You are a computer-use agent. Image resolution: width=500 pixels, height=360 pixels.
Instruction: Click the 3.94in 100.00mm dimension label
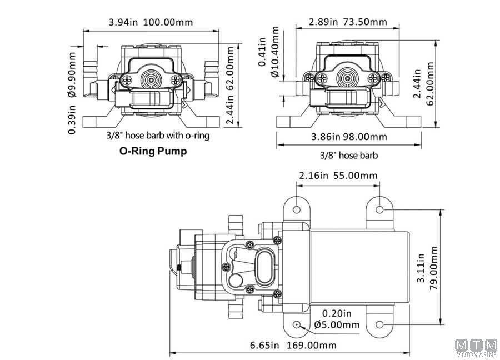pos(151,22)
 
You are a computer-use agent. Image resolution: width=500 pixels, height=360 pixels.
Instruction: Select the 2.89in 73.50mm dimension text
pos(348,22)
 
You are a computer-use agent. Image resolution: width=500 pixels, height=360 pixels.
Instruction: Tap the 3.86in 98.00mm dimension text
pos(349,137)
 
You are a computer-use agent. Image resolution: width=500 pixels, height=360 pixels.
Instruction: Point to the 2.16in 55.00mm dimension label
pos(338,176)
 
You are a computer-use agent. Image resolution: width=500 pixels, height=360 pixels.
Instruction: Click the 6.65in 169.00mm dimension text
pos(293,345)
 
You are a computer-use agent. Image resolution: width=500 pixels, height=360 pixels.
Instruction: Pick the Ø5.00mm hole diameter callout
pos(337,324)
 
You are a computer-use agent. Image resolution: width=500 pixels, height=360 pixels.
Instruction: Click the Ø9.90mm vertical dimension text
pos(72,74)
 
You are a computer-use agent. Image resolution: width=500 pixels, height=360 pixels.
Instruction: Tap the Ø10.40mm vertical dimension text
pos(275,52)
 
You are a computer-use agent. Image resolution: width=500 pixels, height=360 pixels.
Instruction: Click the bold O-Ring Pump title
pos(153,151)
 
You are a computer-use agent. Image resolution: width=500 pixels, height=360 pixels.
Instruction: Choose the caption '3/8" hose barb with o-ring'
pos(158,135)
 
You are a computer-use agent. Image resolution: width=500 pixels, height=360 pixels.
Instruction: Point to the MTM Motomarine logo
pos(476,348)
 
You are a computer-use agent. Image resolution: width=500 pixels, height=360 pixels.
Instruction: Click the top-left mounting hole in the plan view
pos(297,209)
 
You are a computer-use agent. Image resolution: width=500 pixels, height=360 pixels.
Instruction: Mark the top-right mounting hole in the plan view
pos(379,209)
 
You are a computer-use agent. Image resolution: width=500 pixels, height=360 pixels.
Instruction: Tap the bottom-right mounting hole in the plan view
pos(379,324)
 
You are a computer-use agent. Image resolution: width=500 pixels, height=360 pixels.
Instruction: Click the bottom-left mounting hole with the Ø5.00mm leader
pos(297,324)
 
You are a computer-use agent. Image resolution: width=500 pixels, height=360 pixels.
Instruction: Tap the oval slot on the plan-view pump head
pos(264,267)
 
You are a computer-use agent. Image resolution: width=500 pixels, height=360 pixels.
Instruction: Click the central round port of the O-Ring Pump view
pos(152,78)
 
